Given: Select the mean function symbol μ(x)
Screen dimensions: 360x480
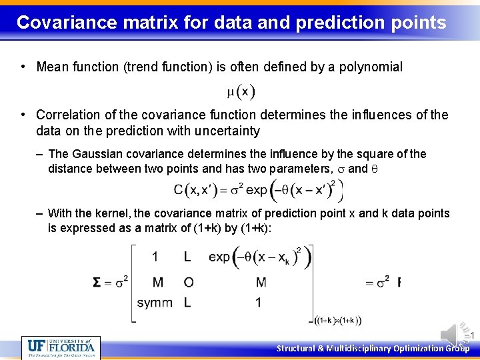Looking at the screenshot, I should point(241,91).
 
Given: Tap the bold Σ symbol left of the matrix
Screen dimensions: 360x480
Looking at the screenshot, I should point(97,282).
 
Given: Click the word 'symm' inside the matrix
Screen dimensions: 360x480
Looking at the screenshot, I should point(154,303).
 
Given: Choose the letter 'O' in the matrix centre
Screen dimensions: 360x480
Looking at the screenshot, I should point(189,282).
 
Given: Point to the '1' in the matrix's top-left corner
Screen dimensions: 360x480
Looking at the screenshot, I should point(155,257).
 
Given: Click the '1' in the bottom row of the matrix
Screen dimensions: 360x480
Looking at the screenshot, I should point(258,303).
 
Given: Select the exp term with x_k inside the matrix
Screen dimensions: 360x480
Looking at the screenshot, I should point(259,257).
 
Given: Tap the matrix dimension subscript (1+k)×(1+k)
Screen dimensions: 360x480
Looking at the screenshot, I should point(338,321).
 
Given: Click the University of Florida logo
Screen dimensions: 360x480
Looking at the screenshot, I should point(61,347).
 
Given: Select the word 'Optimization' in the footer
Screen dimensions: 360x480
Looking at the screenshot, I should point(419,348).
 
